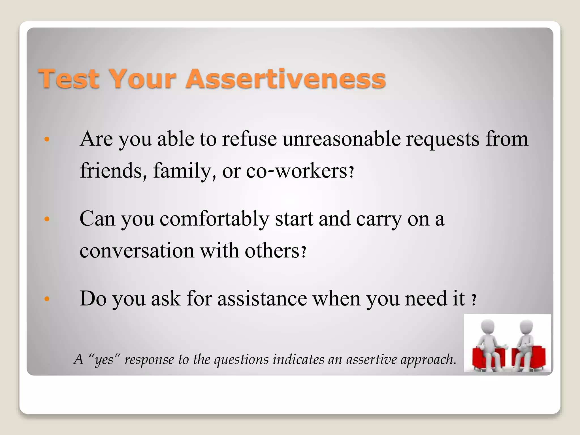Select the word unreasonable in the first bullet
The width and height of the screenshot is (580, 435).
pos(342,139)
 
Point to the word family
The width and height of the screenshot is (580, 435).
pos(184,172)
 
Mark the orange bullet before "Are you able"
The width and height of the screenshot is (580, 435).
pos(47,139)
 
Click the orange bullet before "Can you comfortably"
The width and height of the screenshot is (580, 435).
pos(47,219)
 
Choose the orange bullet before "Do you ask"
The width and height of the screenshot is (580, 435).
pos(47,299)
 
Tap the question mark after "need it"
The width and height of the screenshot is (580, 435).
pos(474,300)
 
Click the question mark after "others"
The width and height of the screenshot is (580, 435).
pos(304,251)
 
